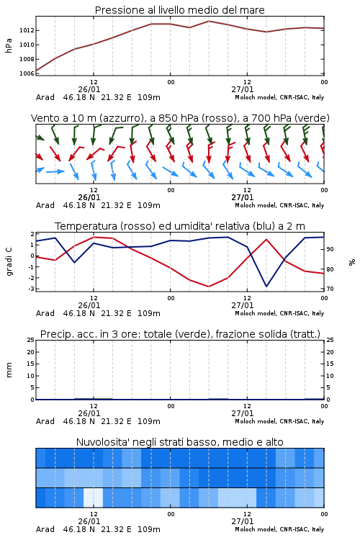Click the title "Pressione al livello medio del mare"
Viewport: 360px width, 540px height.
179,10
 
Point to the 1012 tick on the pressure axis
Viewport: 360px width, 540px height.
27,30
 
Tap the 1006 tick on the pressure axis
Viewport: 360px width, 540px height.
27,73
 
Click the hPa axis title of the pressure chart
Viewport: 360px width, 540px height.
9,45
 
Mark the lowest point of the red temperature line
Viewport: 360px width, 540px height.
209,287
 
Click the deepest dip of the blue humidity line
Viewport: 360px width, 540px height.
266,286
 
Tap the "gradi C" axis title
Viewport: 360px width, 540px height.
9,262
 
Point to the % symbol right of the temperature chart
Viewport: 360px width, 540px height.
352,262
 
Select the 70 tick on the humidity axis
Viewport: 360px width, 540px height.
330,289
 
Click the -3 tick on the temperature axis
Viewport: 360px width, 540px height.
32,289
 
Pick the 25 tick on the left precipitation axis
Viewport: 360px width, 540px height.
31,340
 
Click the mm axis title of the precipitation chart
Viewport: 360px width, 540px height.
9,370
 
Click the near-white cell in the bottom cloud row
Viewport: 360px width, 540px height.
94,498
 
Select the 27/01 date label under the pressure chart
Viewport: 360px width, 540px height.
243,89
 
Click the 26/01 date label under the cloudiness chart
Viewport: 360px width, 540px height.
89,521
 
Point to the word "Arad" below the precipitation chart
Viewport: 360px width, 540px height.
45,421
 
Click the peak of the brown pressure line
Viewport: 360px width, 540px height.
209,21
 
